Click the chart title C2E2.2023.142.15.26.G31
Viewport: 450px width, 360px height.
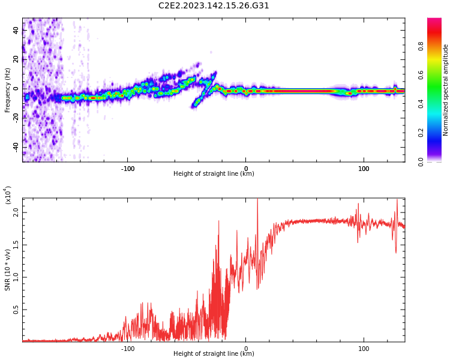[214, 5]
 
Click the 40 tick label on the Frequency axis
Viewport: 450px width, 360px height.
[16, 31]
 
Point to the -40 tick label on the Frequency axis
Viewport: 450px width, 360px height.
[15, 147]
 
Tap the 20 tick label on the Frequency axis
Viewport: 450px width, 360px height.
[16, 59]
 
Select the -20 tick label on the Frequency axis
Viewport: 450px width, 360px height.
[15, 118]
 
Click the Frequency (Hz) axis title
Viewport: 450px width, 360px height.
[8, 89]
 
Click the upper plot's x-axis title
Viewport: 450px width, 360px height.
[214, 174]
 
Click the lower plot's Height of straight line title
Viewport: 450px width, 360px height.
[214, 353]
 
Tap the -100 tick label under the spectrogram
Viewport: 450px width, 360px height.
[127, 169]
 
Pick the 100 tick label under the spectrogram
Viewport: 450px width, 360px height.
[364, 169]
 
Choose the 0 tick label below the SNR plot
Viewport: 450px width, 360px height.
[245, 348]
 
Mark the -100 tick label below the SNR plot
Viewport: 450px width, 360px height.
[127, 348]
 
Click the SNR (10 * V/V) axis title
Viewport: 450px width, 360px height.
[8, 270]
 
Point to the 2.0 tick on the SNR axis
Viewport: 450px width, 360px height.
[16, 213]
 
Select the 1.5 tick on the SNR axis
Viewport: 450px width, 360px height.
[16, 245]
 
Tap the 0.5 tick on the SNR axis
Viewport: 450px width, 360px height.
[16, 309]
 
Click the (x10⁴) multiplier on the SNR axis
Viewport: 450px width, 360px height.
[8, 195]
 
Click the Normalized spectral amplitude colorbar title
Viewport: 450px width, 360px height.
[446, 89]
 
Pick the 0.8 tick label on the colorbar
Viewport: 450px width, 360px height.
[437, 46]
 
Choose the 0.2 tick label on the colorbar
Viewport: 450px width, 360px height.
[437, 133]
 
